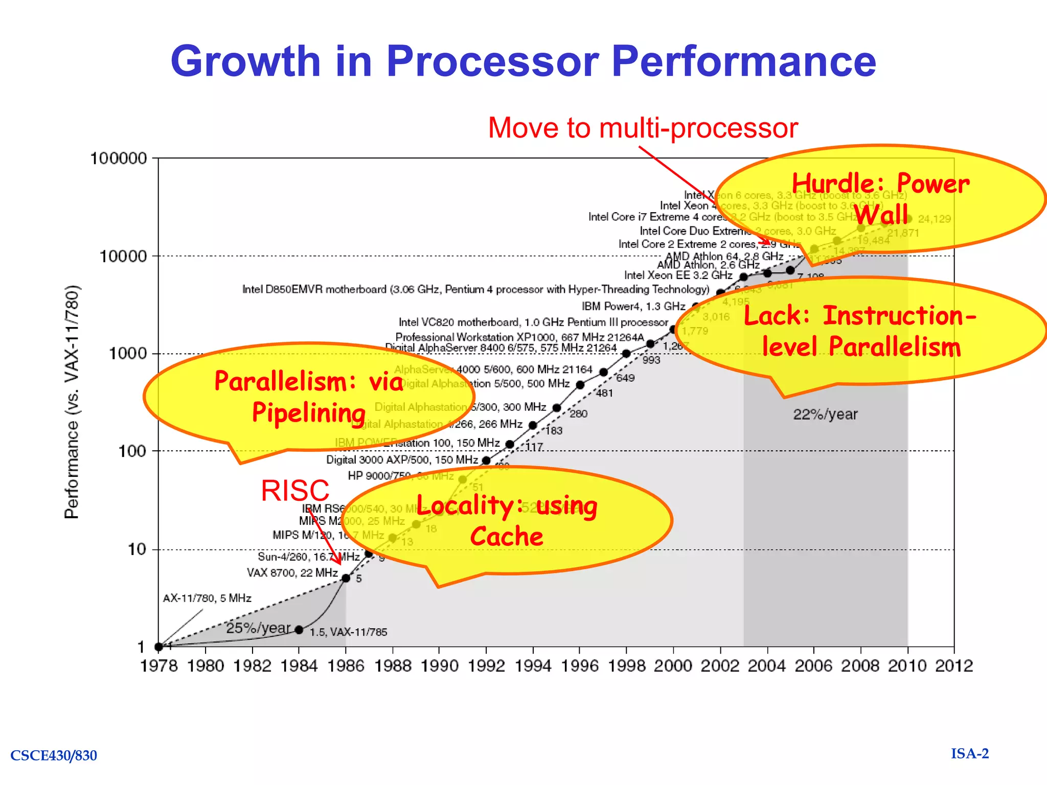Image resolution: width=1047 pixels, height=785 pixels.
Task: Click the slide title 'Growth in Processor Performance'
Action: point(523,61)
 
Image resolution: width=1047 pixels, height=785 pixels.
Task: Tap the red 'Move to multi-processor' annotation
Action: point(643,128)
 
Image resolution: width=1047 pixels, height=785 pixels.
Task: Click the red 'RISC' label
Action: point(295,491)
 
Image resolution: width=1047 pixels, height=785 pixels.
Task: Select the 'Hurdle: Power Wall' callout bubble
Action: point(879,199)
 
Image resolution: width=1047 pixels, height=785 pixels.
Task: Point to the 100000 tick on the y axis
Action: point(119,158)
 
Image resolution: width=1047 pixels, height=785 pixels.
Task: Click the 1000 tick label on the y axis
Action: point(128,354)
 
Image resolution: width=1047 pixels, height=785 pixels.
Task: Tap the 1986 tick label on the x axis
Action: point(346,666)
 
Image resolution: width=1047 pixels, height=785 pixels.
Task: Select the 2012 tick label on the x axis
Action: point(954,666)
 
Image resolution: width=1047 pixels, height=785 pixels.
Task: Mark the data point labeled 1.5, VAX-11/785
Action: point(299,630)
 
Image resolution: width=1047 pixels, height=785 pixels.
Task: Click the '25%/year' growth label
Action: point(258,628)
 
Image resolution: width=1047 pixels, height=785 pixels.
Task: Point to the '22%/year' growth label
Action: point(825,414)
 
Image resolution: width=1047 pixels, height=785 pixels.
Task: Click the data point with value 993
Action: point(626,354)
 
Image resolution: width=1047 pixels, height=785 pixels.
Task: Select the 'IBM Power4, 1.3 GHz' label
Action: point(633,306)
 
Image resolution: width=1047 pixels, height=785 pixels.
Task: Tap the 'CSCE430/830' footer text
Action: point(54,755)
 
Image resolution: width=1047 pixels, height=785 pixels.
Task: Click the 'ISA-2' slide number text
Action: point(970,754)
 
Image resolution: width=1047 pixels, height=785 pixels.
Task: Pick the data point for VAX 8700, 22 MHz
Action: point(346,578)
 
